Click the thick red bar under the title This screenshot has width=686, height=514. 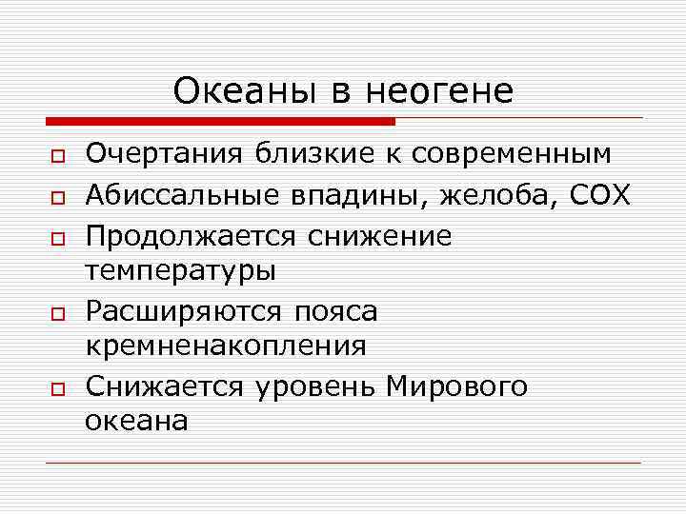click(220, 121)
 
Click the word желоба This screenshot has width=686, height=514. click(504, 195)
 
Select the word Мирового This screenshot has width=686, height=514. click(456, 386)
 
